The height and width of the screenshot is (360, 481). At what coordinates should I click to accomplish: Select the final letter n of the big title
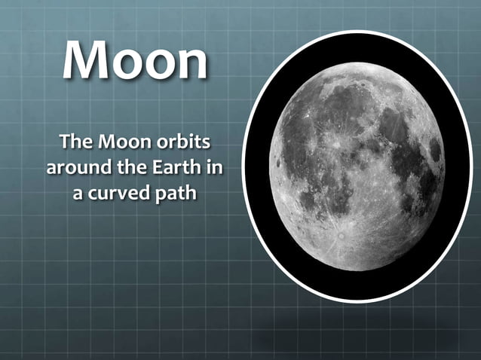click(189, 65)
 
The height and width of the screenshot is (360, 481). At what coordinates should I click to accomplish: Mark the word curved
click(118, 193)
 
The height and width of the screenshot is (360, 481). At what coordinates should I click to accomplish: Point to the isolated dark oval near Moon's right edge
click(435, 150)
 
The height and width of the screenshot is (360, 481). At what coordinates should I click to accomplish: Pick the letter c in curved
click(93, 194)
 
